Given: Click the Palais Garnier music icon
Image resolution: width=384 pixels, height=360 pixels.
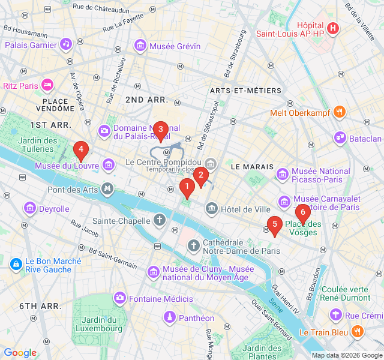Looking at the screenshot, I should point(66,44).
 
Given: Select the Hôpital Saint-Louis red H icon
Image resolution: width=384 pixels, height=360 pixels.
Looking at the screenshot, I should point(333,28).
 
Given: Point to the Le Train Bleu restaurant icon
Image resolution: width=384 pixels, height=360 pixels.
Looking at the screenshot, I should point(357,332).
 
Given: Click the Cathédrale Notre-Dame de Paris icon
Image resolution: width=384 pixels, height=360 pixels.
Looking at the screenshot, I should point(193,245).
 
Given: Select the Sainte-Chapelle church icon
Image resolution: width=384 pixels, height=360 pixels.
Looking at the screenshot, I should point(160,220).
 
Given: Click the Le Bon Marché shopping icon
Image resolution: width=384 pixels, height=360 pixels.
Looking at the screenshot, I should point(16,263).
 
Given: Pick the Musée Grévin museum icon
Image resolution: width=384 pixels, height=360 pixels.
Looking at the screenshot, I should point(140,46).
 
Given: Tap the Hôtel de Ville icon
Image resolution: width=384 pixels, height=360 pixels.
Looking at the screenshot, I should point(211,209).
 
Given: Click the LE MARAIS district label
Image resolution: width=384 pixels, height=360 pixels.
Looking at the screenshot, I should point(252,166).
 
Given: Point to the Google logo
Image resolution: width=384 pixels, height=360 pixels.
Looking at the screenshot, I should point(20,353).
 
